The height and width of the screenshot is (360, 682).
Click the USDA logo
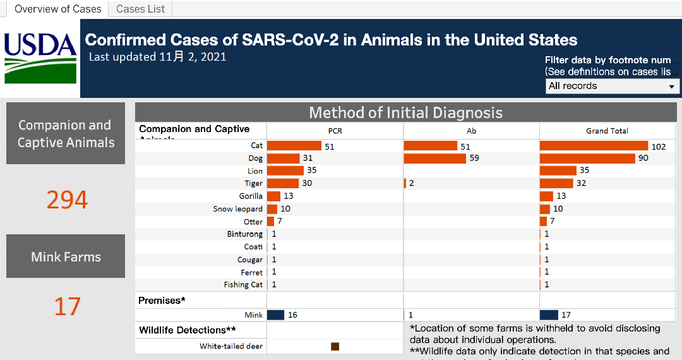40,58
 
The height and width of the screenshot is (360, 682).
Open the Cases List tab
140,9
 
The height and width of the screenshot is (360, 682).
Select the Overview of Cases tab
57,9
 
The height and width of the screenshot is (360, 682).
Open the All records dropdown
612,86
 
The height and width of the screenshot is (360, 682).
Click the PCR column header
335,131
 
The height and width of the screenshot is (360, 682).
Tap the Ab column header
471,131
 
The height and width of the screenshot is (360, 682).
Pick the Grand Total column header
607,131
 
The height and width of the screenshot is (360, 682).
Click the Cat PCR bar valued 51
294,146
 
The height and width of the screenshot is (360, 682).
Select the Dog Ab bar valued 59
434,158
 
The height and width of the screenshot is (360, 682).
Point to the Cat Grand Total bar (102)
594,146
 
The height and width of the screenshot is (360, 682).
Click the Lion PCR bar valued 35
285,171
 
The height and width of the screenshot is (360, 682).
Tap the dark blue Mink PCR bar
275,315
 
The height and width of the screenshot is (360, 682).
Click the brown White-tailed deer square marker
335,346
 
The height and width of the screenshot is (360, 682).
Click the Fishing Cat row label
242,285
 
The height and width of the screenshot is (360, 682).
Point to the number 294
67,200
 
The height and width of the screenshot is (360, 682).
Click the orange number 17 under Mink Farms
67,307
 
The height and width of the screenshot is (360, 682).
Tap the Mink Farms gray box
66,256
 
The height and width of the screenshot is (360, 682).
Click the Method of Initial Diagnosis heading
405,113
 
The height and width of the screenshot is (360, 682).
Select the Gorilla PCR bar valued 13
273,196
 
